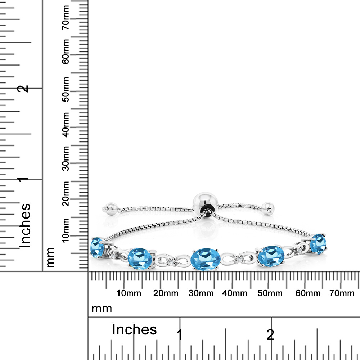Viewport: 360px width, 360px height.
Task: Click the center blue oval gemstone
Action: point(206,259)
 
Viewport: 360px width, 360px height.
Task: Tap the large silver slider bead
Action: point(205,203)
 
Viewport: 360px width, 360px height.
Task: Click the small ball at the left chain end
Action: point(110,208)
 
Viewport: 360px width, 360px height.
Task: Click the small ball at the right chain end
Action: point(268,208)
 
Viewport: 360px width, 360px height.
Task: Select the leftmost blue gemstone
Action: point(97,248)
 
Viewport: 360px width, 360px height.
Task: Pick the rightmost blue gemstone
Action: point(318,244)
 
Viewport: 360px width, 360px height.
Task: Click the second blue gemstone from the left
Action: point(140,258)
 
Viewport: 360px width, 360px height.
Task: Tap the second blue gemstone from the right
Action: point(271,256)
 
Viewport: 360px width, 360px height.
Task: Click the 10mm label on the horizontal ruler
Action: point(129,293)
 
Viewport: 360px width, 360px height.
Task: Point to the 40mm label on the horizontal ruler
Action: point(235,293)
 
